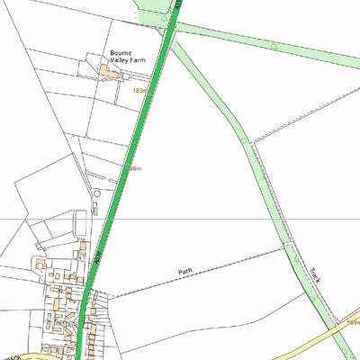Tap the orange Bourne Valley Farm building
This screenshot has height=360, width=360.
pyautogui.click(x=109, y=71)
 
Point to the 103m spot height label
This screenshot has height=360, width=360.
pyautogui.click(x=139, y=91)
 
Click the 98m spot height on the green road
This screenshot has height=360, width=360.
pyautogui.click(x=134, y=168)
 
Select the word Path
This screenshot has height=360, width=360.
pyautogui.click(x=185, y=271)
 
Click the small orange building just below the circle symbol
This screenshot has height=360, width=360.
pyautogui.click(x=92, y=211)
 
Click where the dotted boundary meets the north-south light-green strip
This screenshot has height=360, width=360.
pyautogui.click(x=244, y=140)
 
